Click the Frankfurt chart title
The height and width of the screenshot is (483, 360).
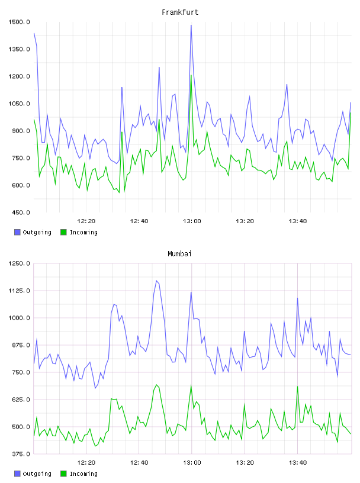pyautogui.click(x=180, y=12)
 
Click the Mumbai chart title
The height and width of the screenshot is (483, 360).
pyautogui.click(x=179, y=254)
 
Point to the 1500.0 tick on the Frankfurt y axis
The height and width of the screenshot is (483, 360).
pyautogui.click(x=19, y=22)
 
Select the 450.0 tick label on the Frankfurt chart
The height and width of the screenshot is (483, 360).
pyautogui.click(x=19, y=212)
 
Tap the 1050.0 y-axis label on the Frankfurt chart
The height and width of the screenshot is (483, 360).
pyautogui.click(x=19, y=104)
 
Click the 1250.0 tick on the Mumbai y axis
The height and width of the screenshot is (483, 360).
pyautogui.click(x=19, y=263)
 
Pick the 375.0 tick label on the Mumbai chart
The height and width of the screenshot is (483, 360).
pyautogui.click(x=19, y=454)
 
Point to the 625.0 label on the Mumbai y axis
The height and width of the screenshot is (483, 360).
pyautogui.click(x=19, y=400)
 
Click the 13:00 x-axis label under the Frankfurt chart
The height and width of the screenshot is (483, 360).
pyautogui.click(x=192, y=221)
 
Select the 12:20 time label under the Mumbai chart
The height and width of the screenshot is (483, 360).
pyautogui.click(x=86, y=463)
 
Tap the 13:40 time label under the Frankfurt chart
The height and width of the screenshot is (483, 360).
pyautogui.click(x=298, y=221)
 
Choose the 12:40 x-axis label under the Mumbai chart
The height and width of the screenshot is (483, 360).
pyautogui.click(x=139, y=463)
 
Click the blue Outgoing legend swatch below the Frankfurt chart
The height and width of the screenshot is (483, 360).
pyautogui.click(x=17, y=232)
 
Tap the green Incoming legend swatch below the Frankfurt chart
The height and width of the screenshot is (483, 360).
pyautogui.click(x=63, y=232)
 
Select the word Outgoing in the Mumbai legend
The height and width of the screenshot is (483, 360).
pyautogui.click(x=37, y=474)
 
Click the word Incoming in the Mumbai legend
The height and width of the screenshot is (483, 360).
pyautogui.click(x=83, y=474)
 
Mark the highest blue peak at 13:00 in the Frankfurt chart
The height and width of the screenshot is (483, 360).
pyautogui.click(x=191, y=25)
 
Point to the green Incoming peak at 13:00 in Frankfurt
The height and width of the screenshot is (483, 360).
pyautogui.click(x=191, y=75)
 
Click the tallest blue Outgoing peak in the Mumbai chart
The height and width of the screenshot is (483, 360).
pyautogui.click(x=156, y=281)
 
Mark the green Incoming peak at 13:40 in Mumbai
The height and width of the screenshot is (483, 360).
pyautogui.click(x=297, y=387)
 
